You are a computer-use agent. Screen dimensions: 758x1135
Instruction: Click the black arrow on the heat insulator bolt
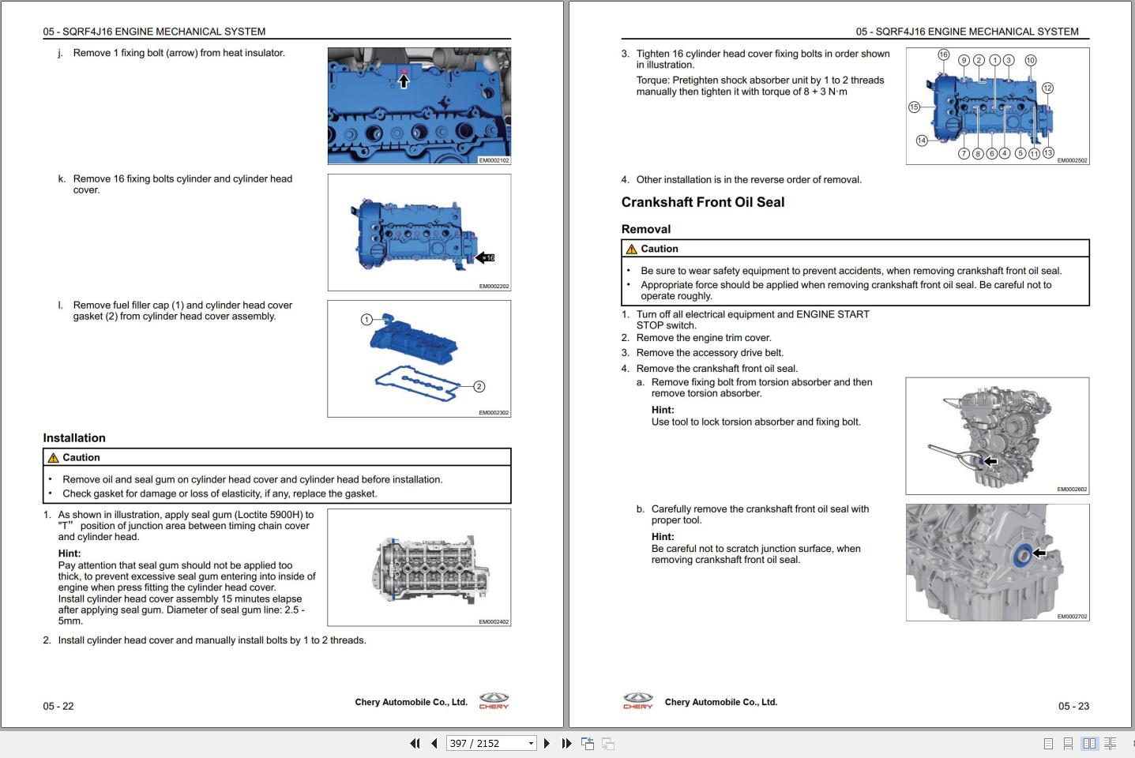pyautogui.click(x=404, y=81)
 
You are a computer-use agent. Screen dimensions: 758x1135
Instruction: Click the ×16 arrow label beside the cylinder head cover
pyautogui.click(x=485, y=257)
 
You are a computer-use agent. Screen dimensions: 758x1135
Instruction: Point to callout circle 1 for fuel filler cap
pyautogui.click(x=366, y=320)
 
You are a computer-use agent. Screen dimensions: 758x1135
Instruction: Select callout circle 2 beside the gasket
pyautogui.click(x=479, y=386)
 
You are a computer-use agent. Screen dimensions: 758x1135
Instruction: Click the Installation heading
pyautogui.click(x=74, y=438)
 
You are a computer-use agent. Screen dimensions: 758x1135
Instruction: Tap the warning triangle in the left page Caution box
pyautogui.click(x=53, y=458)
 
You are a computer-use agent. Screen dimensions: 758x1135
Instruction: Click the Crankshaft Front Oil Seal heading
pyautogui.click(x=702, y=202)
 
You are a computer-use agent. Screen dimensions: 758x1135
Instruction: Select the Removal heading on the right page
pyautogui.click(x=645, y=229)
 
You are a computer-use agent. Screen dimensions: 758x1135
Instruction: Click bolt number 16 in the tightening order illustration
pyautogui.click(x=943, y=54)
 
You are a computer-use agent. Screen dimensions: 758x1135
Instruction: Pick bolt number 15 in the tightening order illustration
pyautogui.click(x=914, y=107)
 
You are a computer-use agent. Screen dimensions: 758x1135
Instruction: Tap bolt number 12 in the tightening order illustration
pyautogui.click(x=1047, y=88)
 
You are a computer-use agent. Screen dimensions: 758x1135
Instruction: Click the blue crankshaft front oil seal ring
pyautogui.click(x=1021, y=555)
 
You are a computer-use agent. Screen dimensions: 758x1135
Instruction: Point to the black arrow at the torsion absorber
pyautogui.click(x=989, y=461)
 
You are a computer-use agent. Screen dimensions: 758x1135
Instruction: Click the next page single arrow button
pyautogui.click(x=547, y=743)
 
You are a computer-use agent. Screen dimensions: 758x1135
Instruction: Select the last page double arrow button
pyautogui.click(x=566, y=743)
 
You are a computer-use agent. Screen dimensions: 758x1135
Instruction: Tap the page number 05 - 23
pyautogui.click(x=1073, y=706)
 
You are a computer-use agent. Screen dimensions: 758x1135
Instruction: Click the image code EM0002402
pyautogui.click(x=494, y=621)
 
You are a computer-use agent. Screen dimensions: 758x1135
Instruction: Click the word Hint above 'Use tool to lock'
pyautogui.click(x=662, y=410)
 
